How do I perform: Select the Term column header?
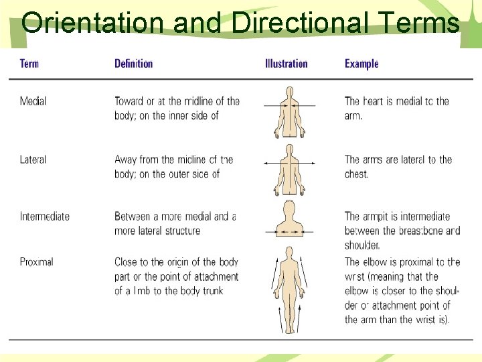(29, 64)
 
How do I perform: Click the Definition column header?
(133, 64)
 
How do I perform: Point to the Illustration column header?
(286, 64)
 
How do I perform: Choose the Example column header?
(361, 64)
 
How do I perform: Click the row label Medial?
(33, 101)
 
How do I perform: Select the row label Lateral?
(33, 160)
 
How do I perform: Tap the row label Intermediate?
(45, 217)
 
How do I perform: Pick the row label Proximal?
(36, 262)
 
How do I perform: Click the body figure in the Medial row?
(289, 113)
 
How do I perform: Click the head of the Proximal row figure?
(289, 253)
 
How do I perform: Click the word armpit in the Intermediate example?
(380, 217)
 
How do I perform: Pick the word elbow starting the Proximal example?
(379, 262)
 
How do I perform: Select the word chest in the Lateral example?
(356, 174)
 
